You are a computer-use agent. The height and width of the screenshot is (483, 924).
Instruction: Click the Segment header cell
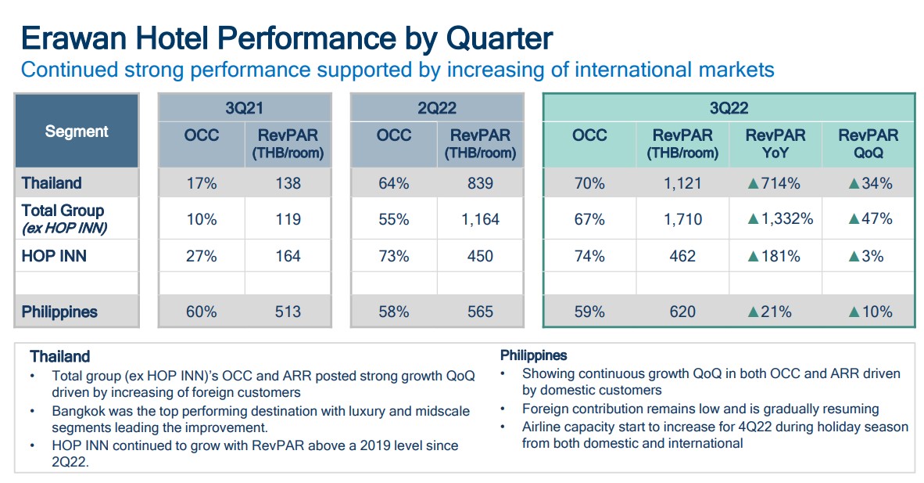[x=77, y=132]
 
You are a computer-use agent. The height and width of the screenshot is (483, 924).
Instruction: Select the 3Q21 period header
[x=244, y=108]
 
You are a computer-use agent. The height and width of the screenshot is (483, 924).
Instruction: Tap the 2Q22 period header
[x=436, y=108]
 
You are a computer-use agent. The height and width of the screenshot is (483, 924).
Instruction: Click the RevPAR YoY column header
[x=775, y=143]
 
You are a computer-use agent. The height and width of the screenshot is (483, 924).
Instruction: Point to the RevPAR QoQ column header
[x=868, y=143]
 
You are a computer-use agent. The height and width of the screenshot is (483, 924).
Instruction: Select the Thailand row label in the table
[x=52, y=183]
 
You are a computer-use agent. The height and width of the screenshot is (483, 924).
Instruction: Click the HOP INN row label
[x=53, y=256]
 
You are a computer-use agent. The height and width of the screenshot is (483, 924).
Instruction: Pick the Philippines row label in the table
[x=59, y=312]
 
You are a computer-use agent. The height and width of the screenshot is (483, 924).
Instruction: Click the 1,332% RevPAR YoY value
[x=779, y=219]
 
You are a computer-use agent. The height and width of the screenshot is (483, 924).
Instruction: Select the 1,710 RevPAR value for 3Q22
[x=682, y=219]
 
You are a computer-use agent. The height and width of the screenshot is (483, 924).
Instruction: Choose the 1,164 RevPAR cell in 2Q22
[x=480, y=219]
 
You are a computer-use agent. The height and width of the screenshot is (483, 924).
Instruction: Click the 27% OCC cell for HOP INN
[x=201, y=256]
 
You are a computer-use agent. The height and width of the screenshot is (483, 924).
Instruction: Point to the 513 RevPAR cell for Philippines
[x=288, y=312]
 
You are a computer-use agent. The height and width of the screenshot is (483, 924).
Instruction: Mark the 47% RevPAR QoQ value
[x=876, y=219]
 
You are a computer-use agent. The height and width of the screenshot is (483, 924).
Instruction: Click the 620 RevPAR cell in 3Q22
[x=682, y=312]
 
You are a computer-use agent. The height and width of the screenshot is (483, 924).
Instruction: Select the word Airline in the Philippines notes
[x=545, y=427]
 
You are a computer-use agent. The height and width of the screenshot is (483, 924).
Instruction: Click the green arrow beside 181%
[x=754, y=257]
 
